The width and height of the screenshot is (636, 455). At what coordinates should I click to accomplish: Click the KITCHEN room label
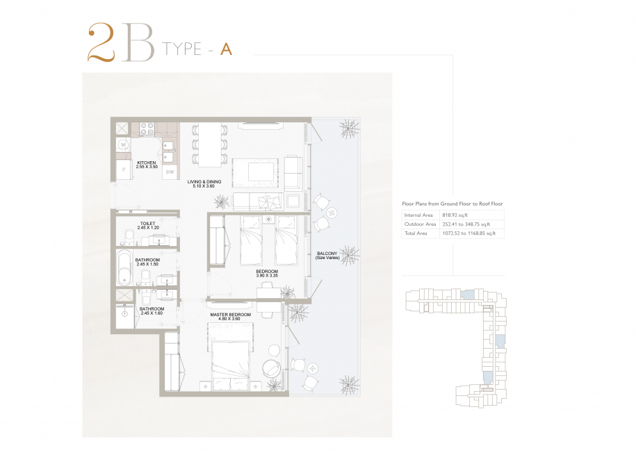147,163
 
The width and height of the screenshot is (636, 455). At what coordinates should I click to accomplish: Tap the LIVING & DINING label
204,182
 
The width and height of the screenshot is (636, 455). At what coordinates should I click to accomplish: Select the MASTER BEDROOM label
230,315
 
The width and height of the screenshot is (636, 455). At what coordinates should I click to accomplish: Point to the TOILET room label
147,224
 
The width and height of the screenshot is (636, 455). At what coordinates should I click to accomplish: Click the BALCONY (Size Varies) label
327,256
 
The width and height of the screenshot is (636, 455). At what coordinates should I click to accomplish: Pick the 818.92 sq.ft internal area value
455,215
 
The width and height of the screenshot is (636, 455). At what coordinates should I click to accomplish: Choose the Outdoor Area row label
420,224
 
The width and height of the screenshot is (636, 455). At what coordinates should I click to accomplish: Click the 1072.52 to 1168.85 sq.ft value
469,233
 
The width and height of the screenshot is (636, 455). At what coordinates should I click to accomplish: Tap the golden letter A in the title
226,49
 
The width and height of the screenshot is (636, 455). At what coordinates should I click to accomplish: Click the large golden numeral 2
101,42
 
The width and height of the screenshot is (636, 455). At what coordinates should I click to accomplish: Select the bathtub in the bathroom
124,267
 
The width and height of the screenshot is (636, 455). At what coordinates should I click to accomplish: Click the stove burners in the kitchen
147,129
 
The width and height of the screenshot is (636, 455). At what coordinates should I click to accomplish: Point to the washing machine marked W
124,144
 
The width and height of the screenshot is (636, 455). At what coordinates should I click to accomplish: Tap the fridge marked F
124,169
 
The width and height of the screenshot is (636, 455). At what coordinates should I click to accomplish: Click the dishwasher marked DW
170,172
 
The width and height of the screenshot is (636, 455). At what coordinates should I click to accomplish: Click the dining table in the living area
210,144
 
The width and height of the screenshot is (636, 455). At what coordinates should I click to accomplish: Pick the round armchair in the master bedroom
271,368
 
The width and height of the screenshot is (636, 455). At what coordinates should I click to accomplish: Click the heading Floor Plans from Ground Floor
452,204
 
